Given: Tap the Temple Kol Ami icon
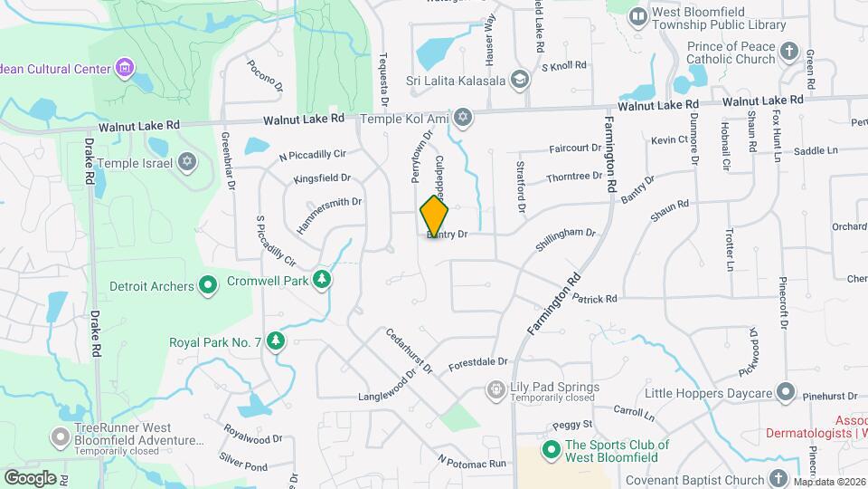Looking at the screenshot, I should (x=463, y=118).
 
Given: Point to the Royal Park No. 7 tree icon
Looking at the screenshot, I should (x=276, y=341).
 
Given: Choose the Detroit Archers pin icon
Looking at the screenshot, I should (x=208, y=286).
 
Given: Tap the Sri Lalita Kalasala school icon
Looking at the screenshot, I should (x=519, y=79).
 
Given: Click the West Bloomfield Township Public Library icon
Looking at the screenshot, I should (x=638, y=15).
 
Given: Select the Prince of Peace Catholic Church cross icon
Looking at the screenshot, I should (x=790, y=52).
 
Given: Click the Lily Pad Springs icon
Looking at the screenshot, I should (x=495, y=389).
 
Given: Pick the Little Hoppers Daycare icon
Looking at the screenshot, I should (x=785, y=393).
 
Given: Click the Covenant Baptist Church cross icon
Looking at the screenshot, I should (x=779, y=477).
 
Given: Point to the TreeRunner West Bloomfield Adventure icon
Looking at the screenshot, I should (x=61, y=437).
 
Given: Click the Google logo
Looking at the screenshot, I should (x=30, y=477).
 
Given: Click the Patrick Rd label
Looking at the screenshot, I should (x=594, y=298).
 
